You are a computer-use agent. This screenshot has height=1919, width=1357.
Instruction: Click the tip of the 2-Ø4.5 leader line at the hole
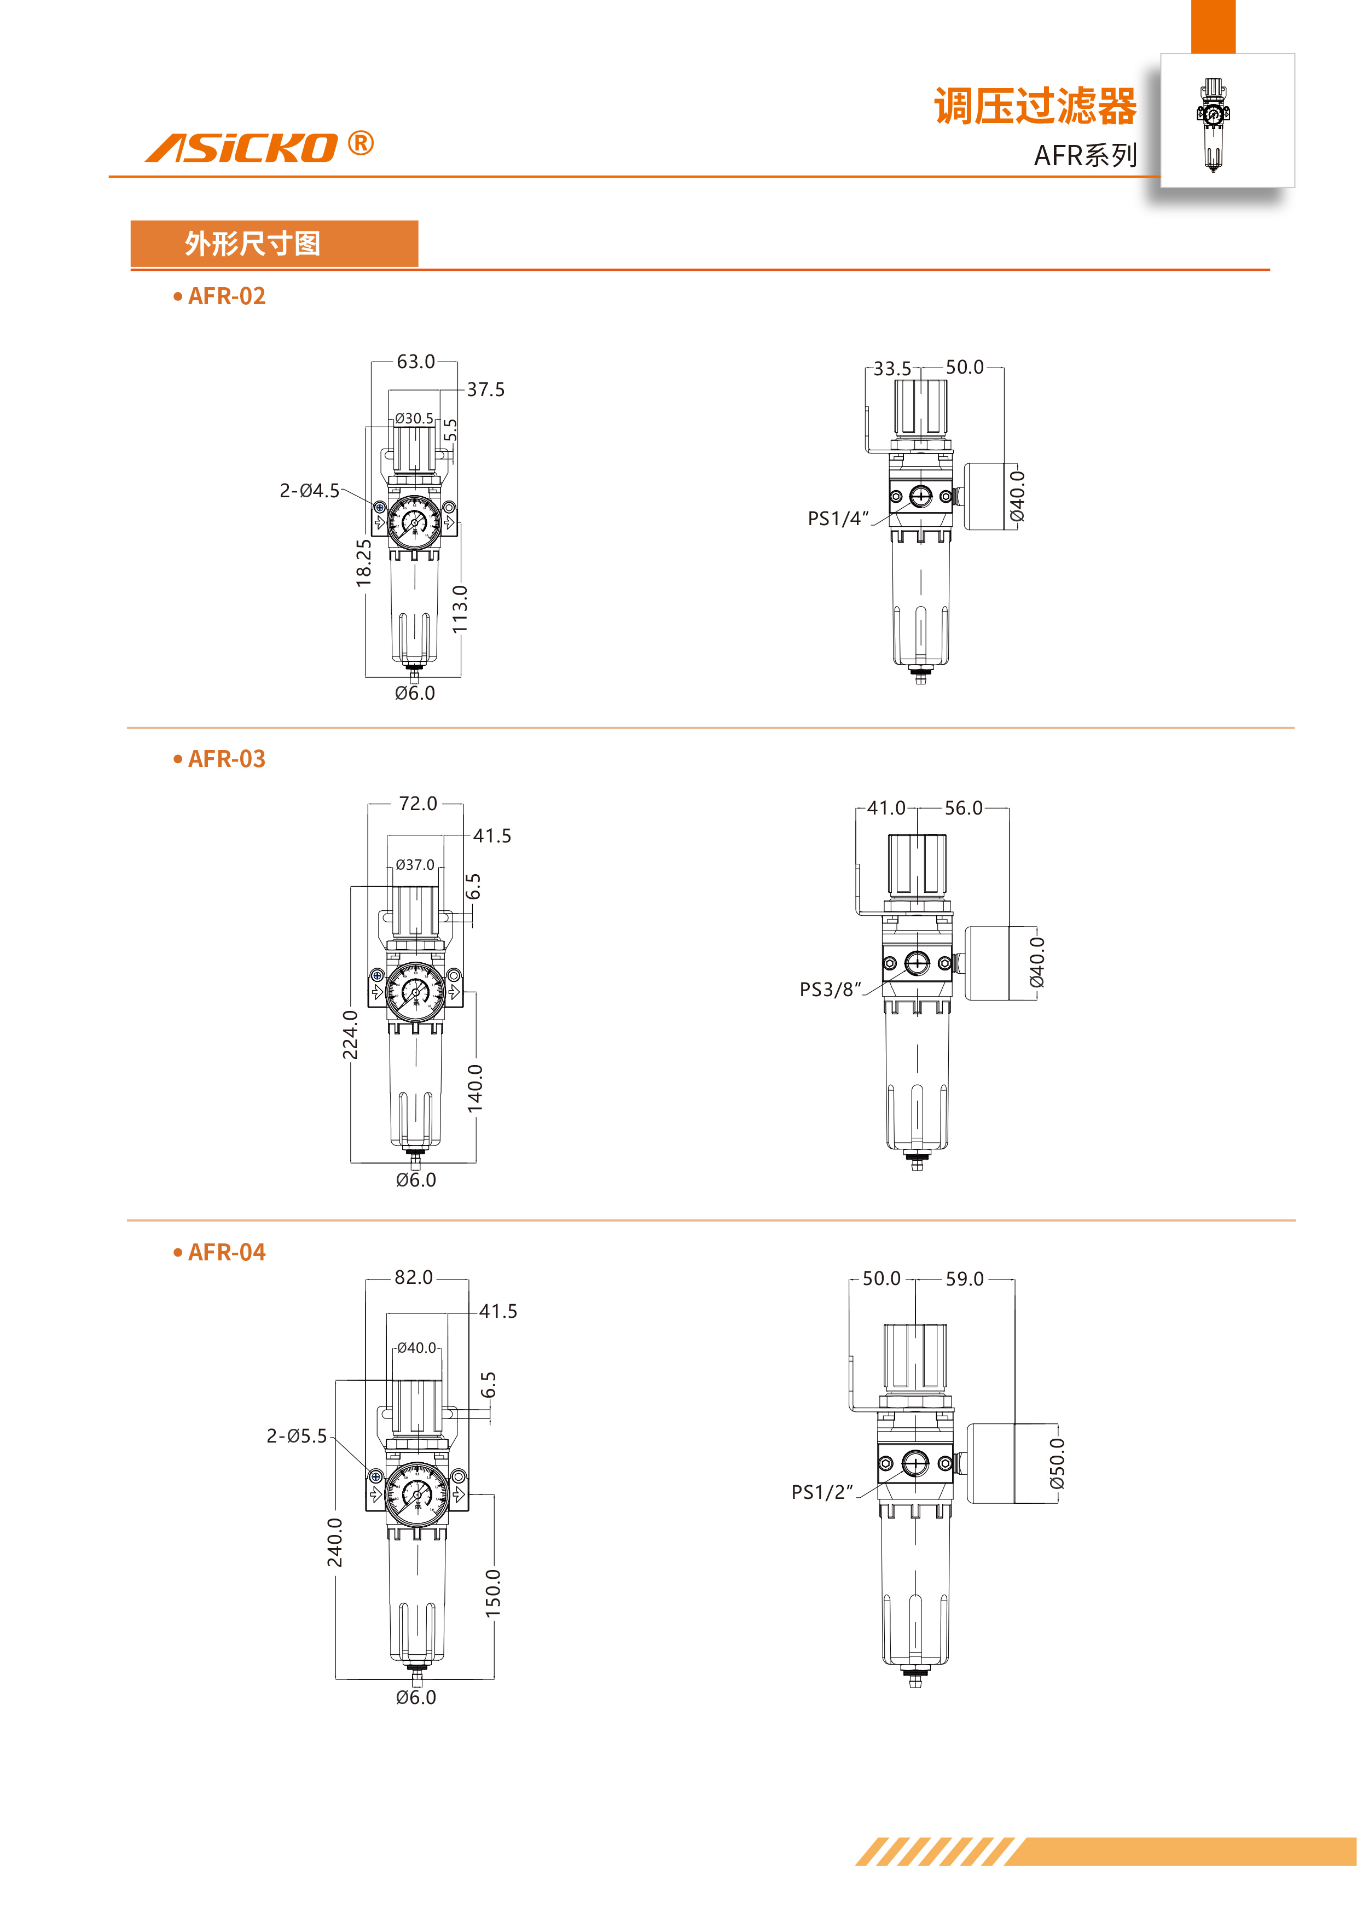tap(377, 505)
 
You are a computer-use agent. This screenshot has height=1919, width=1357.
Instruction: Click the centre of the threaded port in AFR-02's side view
tap(920, 497)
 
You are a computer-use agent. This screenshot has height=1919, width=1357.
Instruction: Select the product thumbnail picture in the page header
tap(1227, 120)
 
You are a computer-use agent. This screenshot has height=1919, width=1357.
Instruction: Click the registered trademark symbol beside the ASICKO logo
tap(361, 144)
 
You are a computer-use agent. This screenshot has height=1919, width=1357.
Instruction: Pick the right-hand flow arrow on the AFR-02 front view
tap(449, 522)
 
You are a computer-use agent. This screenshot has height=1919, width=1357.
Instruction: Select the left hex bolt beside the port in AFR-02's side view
tap(896, 497)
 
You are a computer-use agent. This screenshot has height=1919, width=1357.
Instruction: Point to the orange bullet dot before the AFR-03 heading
tap(177, 759)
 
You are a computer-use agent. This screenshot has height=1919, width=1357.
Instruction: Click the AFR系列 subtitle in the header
tap(1085, 155)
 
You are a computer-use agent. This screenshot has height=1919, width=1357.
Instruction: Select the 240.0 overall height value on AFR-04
tap(334, 1542)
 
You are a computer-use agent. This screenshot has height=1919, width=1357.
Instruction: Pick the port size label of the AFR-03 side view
tap(830, 990)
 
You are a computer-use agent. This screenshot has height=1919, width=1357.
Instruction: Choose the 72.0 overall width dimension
tap(418, 803)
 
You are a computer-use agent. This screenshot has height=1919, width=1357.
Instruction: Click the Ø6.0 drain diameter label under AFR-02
tap(415, 693)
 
